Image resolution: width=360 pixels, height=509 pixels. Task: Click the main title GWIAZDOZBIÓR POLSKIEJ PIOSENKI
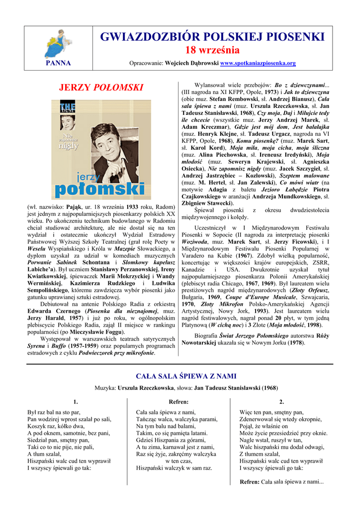[212, 36]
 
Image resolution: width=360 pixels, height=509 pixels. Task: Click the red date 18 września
[212, 50]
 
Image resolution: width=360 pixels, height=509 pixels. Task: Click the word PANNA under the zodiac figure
[58, 63]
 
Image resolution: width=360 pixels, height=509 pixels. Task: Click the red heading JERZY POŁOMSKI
[101, 87]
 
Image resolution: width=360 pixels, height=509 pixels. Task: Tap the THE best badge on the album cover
[67, 106]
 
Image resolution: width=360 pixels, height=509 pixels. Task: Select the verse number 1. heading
[76, 402]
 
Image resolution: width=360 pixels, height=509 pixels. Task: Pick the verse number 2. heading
[281, 402]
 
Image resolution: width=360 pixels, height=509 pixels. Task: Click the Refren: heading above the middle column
[179, 402]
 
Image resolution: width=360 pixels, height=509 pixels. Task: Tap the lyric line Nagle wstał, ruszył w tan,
[270, 440]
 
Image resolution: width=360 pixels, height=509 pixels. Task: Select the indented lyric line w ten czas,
[179, 461]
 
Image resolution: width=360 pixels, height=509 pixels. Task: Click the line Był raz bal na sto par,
[54, 413]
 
